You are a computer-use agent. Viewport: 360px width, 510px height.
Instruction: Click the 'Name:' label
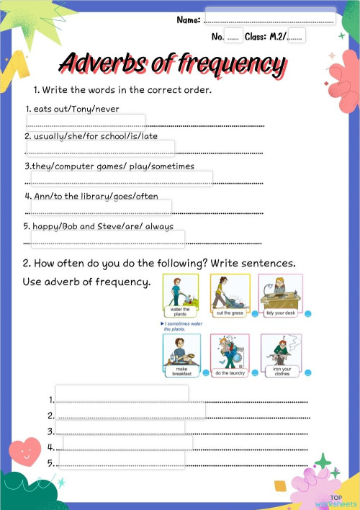(x=189, y=19)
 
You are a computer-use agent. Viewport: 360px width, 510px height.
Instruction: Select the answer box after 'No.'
(x=234, y=35)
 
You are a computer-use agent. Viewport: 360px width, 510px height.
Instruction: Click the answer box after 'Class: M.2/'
(x=295, y=35)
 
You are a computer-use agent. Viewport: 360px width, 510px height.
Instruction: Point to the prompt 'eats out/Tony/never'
(x=72, y=109)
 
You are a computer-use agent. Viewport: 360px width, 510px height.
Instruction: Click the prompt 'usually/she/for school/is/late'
(x=91, y=136)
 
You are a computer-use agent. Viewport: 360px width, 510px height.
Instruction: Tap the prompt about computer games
(x=109, y=166)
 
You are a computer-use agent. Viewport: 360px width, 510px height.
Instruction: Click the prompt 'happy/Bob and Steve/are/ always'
(x=99, y=226)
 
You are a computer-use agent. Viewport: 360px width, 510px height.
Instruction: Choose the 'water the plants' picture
(x=179, y=295)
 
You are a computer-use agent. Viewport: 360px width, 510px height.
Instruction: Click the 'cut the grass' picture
(x=229, y=295)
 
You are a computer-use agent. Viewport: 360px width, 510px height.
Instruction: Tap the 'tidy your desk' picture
(x=281, y=295)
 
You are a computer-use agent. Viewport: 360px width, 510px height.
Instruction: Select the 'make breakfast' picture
(x=179, y=356)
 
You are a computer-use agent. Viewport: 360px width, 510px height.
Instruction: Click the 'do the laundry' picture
(x=229, y=356)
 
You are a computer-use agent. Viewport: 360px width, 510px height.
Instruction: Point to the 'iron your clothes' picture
(x=281, y=356)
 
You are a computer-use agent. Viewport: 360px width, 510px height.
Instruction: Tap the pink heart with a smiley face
(x=26, y=450)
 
